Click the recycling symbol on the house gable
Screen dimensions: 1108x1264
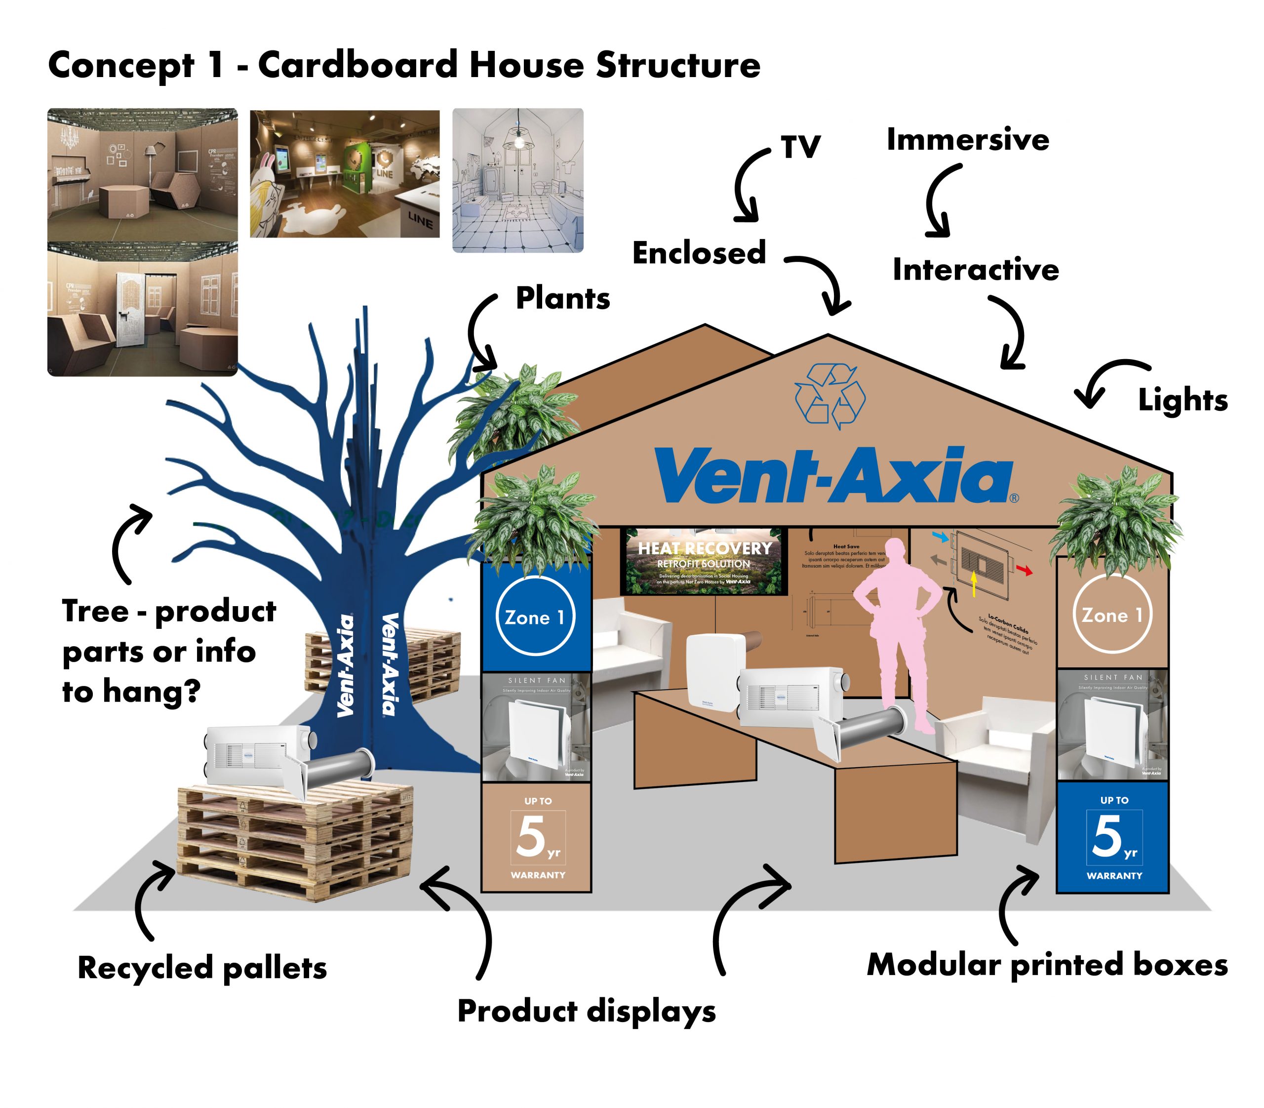click(829, 396)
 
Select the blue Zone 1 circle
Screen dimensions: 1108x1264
click(535, 616)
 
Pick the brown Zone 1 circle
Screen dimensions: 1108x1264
click(1111, 614)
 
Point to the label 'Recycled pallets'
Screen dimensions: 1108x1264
click(201, 968)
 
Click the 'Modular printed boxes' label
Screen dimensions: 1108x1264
click(1046, 965)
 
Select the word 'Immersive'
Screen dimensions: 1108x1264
click(967, 139)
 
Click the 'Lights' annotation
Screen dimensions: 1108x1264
click(1182, 400)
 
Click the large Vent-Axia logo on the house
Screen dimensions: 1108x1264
click(834, 475)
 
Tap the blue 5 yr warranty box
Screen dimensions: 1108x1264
click(1112, 837)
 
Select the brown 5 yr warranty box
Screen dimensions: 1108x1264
click(537, 837)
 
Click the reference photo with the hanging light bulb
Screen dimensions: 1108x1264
click(517, 180)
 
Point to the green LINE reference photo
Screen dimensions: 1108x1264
click(344, 174)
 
